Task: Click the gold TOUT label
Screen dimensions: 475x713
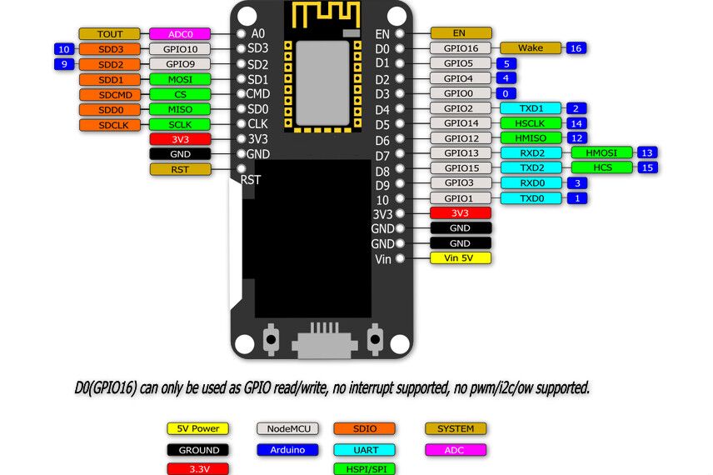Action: point(109,34)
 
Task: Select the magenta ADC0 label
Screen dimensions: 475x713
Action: point(179,34)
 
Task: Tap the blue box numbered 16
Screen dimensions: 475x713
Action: point(576,48)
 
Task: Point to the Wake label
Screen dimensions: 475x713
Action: point(530,48)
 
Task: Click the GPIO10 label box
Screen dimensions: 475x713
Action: point(179,49)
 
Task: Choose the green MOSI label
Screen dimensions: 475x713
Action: point(179,79)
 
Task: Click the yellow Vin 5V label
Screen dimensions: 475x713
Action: point(460,258)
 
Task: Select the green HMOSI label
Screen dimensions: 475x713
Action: point(601,152)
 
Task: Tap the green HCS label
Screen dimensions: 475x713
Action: point(601,167)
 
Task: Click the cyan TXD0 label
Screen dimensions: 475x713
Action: point(530,198)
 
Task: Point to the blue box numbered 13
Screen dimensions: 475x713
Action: point(646,152)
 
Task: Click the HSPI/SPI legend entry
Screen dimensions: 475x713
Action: point(364,469)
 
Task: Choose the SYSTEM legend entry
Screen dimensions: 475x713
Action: point(456,428)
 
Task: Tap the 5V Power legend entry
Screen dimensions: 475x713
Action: point(197,428)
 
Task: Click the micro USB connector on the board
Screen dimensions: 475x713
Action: point(321,342)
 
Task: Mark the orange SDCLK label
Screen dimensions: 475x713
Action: point(109,125)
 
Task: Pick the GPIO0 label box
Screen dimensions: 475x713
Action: point(460,93)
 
